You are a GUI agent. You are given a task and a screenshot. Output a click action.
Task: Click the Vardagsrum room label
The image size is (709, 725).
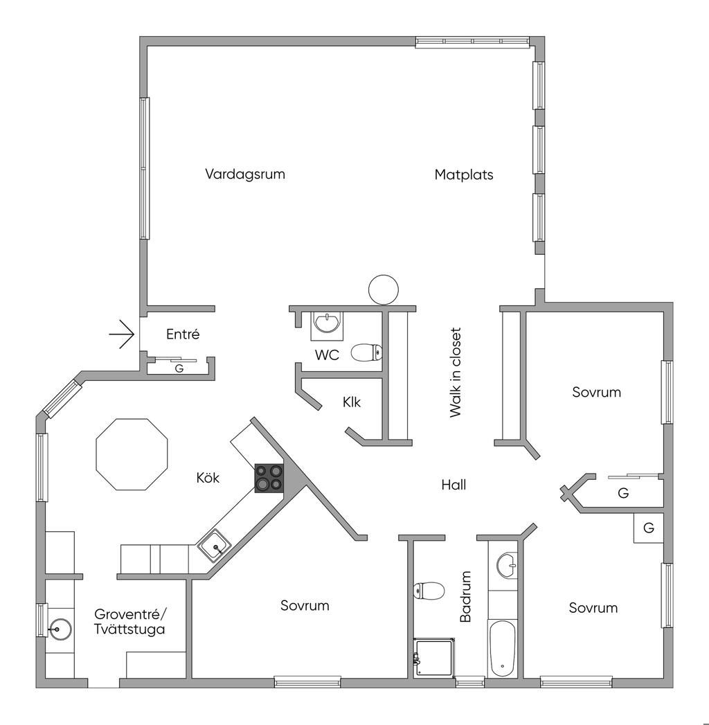(244, 174)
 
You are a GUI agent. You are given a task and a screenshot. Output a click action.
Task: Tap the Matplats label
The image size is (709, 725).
(464, 174)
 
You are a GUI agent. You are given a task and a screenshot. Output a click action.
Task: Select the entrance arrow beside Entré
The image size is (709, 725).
(122, 334)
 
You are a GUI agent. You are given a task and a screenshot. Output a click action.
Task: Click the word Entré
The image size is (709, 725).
(183, 334)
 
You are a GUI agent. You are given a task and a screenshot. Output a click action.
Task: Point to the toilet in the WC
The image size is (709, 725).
(366, 353)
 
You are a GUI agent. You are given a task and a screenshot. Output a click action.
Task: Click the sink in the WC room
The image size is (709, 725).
(327, 323)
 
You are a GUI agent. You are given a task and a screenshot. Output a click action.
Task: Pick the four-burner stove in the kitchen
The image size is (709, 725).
(269, 478)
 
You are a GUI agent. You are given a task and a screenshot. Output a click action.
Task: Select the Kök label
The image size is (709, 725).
(208, 478)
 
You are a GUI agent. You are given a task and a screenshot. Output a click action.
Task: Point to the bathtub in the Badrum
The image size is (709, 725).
(502, 648)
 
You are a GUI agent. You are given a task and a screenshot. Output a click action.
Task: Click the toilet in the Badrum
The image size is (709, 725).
(429, 591)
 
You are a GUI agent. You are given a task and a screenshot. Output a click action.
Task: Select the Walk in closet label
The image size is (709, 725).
(455, 373)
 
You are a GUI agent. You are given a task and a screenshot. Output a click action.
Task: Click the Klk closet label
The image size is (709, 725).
(352, 402)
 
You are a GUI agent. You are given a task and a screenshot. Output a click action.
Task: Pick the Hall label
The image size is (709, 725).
(454, 485)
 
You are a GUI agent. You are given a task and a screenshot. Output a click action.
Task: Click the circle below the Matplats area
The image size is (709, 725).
(384, 289)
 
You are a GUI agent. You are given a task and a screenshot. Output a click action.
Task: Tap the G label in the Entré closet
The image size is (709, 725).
(179, 368)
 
